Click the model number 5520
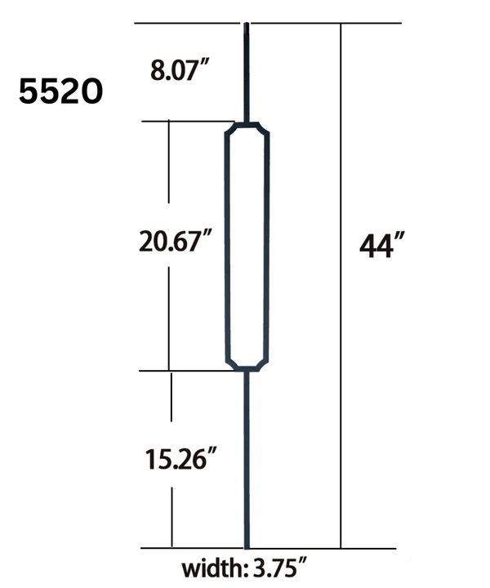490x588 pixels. pos(60,91)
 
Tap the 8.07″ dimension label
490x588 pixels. pos(176,70)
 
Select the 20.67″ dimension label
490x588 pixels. pos(175,243)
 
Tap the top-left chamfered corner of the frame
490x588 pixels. pos(230,131)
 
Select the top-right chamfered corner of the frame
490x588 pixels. pos(265,131)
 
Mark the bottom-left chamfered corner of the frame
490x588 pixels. pos(230,364)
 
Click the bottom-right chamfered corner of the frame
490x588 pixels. pos(265,364)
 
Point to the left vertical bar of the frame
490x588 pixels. pos(226,245)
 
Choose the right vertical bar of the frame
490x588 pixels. pos(268,245)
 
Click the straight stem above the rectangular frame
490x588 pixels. pos(247,73)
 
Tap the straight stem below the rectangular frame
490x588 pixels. pos(247,457)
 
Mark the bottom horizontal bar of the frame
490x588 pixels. pos(247,369)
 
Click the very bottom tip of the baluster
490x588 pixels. pos(247,546)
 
